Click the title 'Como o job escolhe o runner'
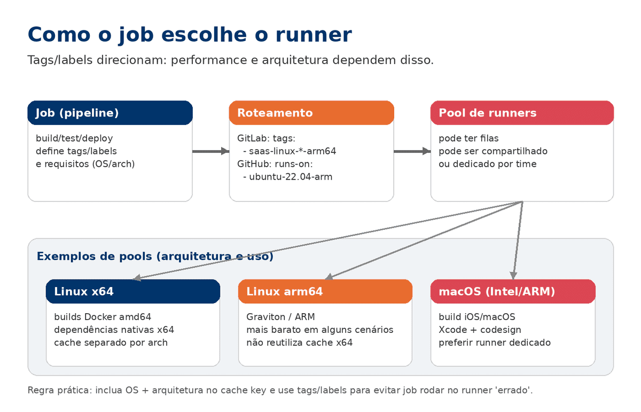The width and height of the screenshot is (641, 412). point(189,35)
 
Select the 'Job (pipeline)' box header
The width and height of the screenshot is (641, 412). point(110,113)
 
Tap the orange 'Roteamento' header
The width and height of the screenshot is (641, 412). point(311,113)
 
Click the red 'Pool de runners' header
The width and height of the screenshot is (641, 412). point(522,113)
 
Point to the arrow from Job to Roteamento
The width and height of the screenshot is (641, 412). point(210,151)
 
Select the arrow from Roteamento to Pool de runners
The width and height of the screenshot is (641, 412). point(412,151)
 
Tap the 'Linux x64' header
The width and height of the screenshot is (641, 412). point(133,291)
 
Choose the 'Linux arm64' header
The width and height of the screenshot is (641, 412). point(325,291)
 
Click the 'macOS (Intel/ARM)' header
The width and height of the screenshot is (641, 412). point(513,291)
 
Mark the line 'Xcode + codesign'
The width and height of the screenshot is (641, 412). point(480,330)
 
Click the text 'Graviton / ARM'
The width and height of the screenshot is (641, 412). point(280,317)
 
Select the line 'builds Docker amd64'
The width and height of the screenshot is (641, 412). point(103,317)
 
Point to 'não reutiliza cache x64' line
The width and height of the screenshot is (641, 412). point(299,343)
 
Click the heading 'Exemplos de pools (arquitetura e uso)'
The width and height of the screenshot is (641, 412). point(155,256)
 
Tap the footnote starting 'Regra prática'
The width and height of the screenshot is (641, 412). point(280,390)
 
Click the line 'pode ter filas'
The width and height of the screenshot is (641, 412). point(468,138)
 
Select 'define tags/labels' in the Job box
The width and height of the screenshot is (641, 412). point(76,151)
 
